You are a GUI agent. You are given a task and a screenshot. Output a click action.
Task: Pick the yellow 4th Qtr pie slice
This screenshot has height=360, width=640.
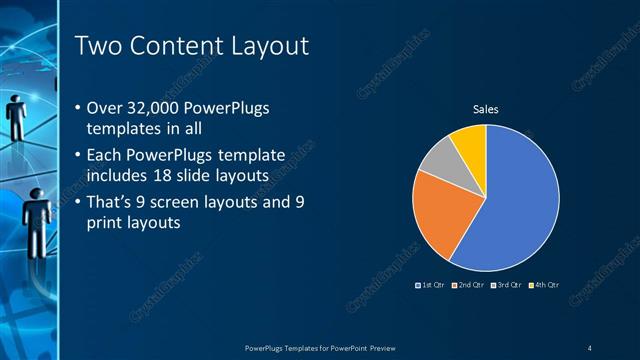coord(470,143)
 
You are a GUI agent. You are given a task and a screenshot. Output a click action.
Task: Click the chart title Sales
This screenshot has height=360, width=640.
coord(485,109)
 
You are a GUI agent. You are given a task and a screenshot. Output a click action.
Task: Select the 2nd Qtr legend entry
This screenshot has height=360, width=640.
coord(469,285)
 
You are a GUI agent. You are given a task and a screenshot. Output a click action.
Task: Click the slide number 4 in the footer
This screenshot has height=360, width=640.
coord(589,347)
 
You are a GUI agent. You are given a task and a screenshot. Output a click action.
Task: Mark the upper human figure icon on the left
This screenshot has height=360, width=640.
coord(17,115)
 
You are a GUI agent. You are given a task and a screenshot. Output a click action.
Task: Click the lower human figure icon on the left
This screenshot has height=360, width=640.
coord(36,210)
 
